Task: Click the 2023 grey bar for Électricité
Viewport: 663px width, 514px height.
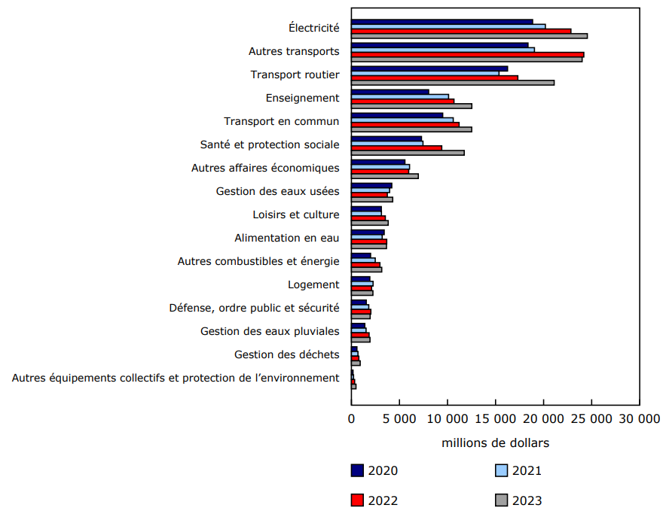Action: click(469, 35)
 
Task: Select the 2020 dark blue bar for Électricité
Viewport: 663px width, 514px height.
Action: click(442, 22)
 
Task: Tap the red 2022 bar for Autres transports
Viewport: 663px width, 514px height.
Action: click(467, 54)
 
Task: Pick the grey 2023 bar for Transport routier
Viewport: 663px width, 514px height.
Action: click(453, 82)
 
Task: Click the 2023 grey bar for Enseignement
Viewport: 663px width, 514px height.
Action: click(411, 106)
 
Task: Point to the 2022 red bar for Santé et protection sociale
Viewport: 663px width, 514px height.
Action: click(396, 148)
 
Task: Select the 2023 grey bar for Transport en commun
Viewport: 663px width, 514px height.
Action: click(411, 129)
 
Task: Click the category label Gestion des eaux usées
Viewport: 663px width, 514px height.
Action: click(277, 191)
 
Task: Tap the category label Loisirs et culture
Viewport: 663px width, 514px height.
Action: click(295, 214)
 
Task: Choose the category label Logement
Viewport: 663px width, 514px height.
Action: click(313, 284)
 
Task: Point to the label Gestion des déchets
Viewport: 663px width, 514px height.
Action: click(286, 354)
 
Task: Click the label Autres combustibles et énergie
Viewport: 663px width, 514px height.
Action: click(258, 261)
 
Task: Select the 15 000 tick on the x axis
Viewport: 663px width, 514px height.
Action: click(496, 418)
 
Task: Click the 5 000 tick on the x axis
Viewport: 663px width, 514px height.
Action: click(399, 418)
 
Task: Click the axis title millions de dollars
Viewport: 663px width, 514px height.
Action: click(495, 443)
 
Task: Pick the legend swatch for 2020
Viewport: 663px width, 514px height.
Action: click(357, 471)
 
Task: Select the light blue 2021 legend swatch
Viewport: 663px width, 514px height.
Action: click(501, 471)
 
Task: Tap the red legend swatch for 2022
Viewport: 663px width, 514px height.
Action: click(357, 500)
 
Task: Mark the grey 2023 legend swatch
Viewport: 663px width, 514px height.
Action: click(501, 500)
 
